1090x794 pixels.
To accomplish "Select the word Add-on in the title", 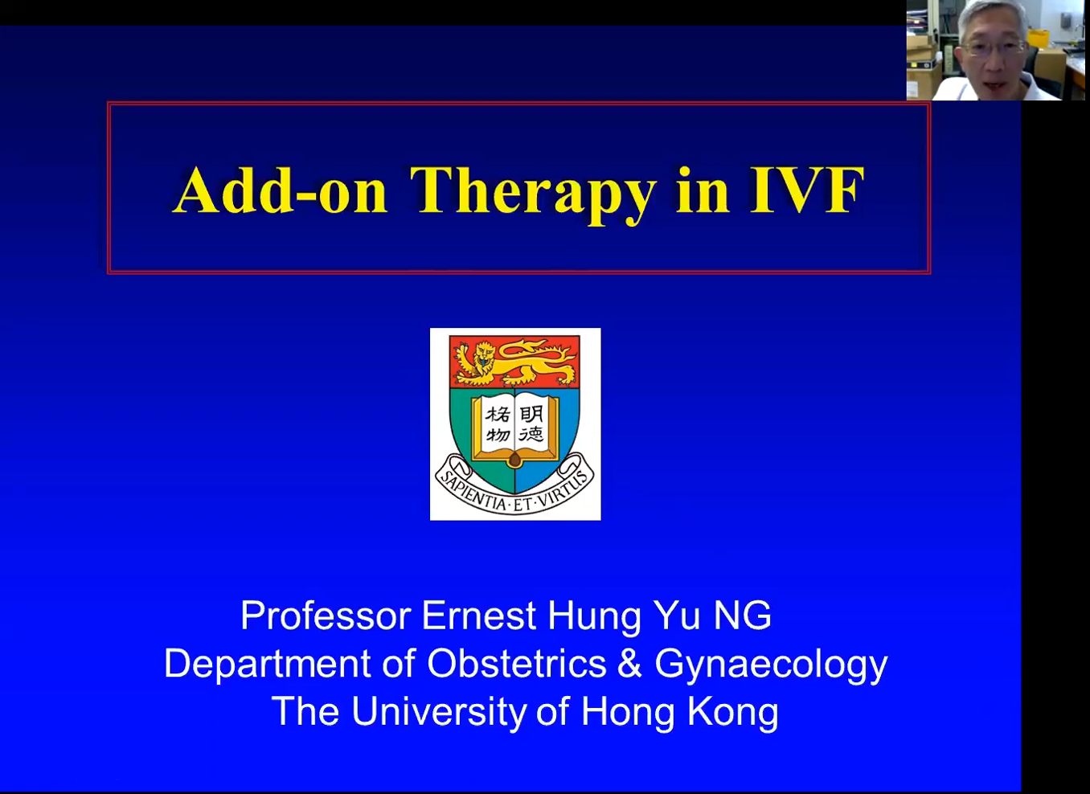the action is [281, 190].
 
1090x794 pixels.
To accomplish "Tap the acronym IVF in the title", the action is [806, 190].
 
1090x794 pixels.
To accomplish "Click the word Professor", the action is [326, 616].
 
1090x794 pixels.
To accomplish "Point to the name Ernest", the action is [478, 616].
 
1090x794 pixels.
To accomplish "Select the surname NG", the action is [742, 616].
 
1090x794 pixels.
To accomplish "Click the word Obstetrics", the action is [516, 663].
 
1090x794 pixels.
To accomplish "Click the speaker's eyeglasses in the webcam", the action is [993, 47].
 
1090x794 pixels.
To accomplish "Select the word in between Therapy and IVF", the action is [703, 190].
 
